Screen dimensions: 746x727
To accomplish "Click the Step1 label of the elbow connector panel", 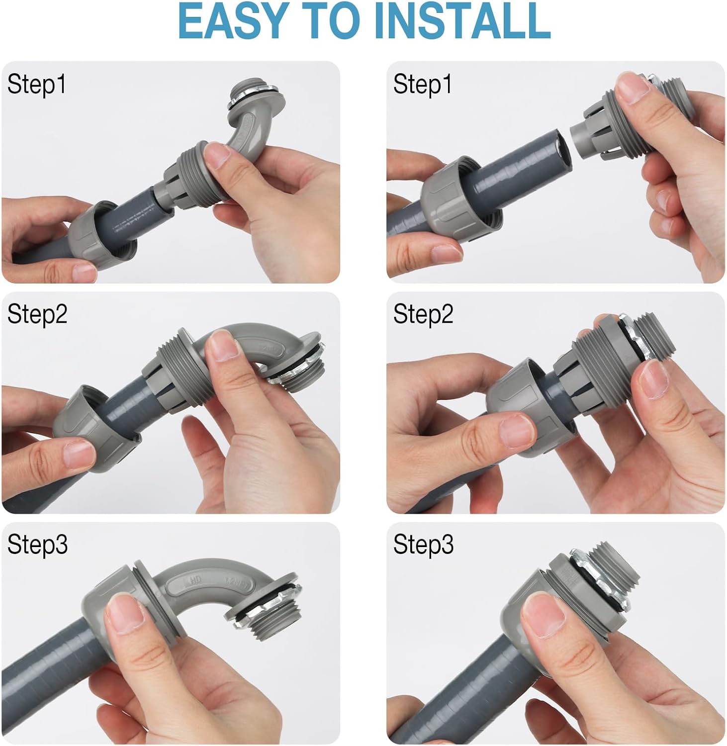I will tap(36, 84).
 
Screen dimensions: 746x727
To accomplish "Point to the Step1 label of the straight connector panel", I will tap(422, 84).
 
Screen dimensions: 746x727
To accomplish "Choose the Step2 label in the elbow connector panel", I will tap(37, 314).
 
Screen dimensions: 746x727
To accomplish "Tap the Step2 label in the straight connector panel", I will tap(423, 314).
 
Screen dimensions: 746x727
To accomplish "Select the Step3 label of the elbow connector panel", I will tap(37, 545).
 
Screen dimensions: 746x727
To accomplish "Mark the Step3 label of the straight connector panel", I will tap(423, 545).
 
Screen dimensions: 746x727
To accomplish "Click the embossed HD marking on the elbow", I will tap(195, 580).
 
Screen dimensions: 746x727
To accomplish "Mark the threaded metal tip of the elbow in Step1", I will tap(245, 95).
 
